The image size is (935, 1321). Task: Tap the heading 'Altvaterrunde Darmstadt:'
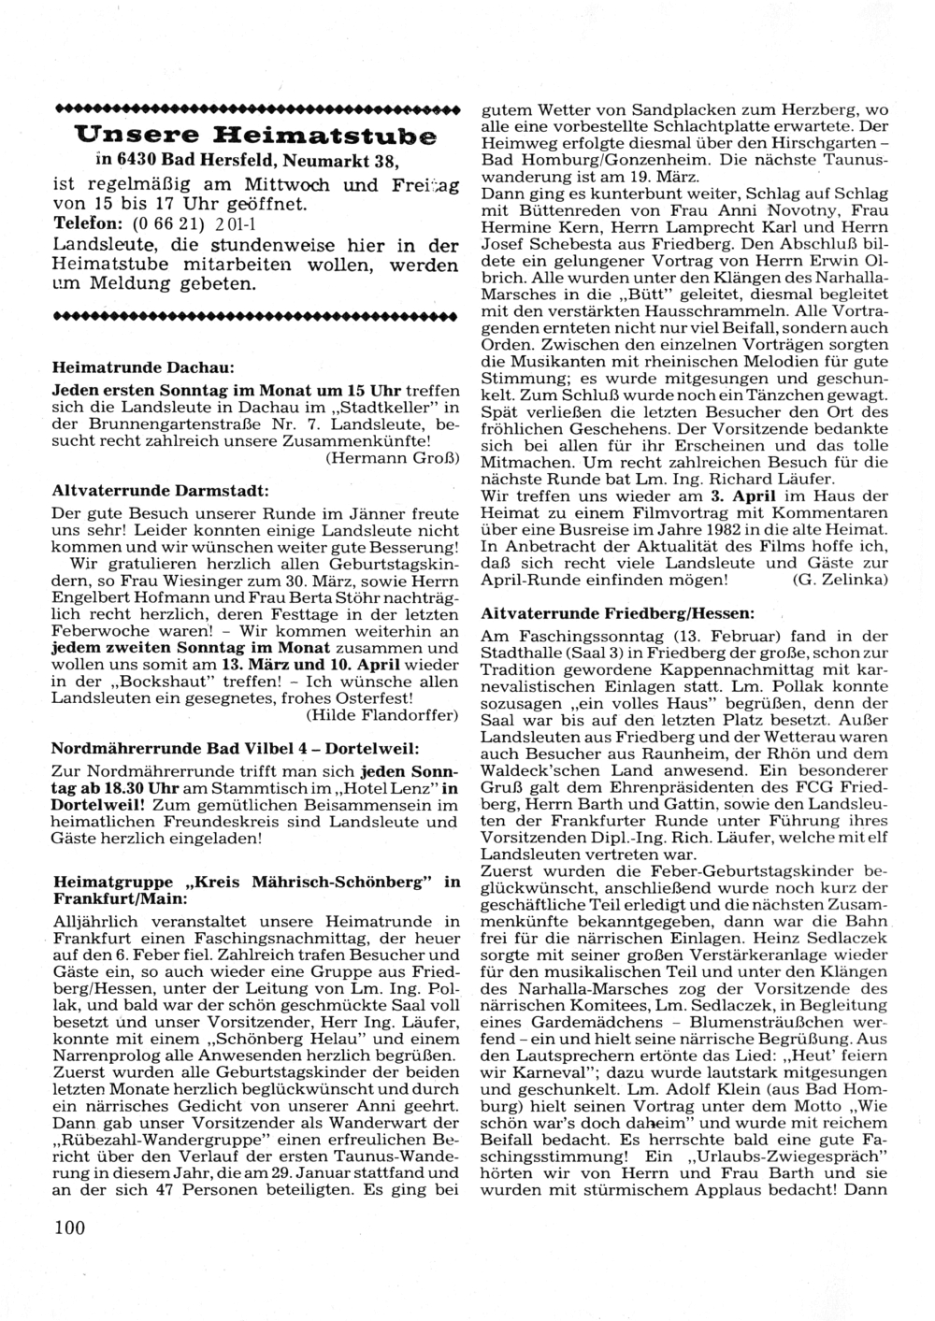tap(160, 490)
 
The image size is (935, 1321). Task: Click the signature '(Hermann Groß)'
tap(392, 458)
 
